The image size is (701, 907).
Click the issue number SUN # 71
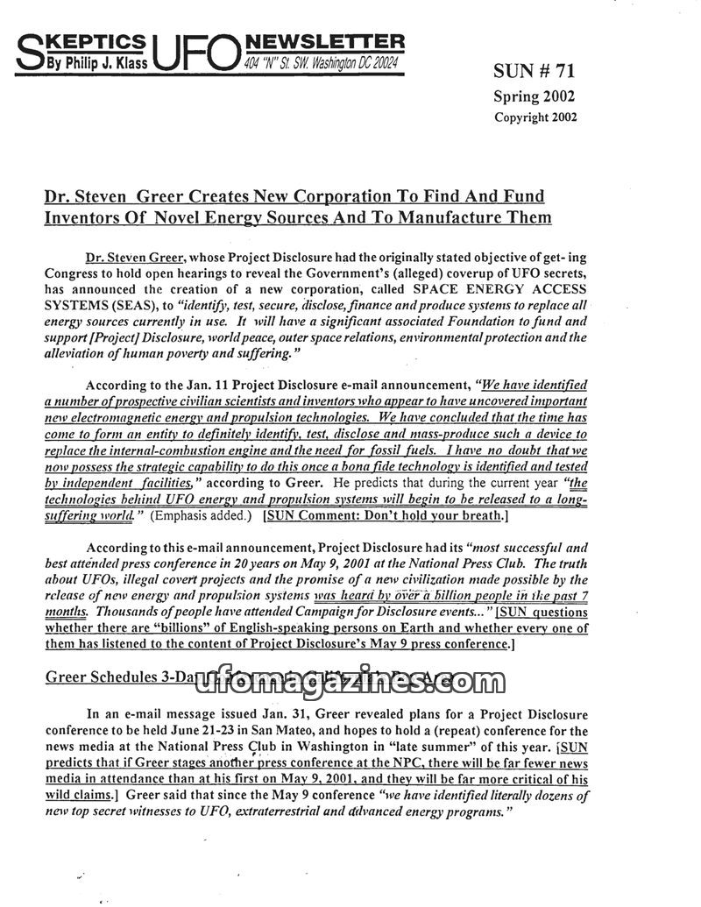point(535,71)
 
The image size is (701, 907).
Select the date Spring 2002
point(535,96)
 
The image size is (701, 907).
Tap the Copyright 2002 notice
point(535,117)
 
